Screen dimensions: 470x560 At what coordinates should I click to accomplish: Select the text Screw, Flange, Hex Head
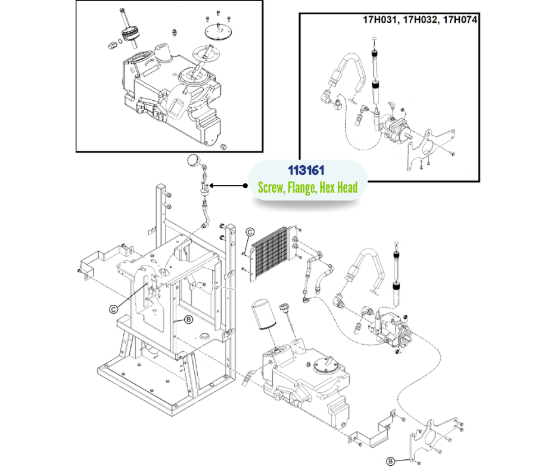tap(307, 188)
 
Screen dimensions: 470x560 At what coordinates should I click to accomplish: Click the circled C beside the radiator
tap(250, 231)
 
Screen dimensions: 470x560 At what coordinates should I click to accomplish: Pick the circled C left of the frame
tap(113, 308)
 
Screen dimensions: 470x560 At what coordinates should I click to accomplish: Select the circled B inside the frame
tap(188, 320)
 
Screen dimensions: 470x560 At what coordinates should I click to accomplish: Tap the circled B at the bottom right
tap(390, 460)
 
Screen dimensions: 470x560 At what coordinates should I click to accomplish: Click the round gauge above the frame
tap(194, 159)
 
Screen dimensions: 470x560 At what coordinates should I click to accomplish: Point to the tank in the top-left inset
tap(173, 98)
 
